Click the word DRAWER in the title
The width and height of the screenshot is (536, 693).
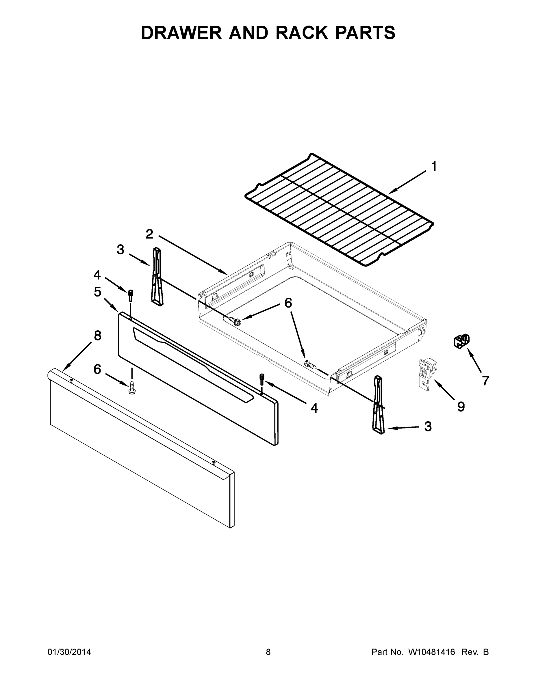[x=181, y=33]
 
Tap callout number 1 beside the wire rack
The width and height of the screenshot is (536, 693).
[x=434, y=167]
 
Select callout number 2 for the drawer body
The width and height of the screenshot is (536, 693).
[x=149, y=234]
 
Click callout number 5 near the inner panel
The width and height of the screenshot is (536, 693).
[x=97, y=292]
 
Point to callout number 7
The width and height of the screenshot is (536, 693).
[x=485, y=381]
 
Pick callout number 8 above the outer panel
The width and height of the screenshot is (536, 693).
[x=97, y=336]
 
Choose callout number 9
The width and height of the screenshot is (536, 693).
[x=461, y=407]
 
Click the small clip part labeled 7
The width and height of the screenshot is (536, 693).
[x=462, y=342]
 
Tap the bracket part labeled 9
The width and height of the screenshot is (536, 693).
[x=426, y=374]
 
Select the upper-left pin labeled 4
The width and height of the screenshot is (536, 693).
[x=130, y=296]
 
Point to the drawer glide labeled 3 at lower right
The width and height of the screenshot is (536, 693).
[x=379, y=405]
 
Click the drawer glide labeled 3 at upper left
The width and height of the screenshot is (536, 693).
[x=157, y=276]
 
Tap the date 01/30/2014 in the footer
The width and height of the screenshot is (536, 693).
[x=69, y=652]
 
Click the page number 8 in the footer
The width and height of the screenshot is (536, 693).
[x=268, y=652]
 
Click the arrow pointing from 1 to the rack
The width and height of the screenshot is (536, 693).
[x=407, y=182]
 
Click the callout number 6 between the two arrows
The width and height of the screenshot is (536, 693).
[x=288, y=303]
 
